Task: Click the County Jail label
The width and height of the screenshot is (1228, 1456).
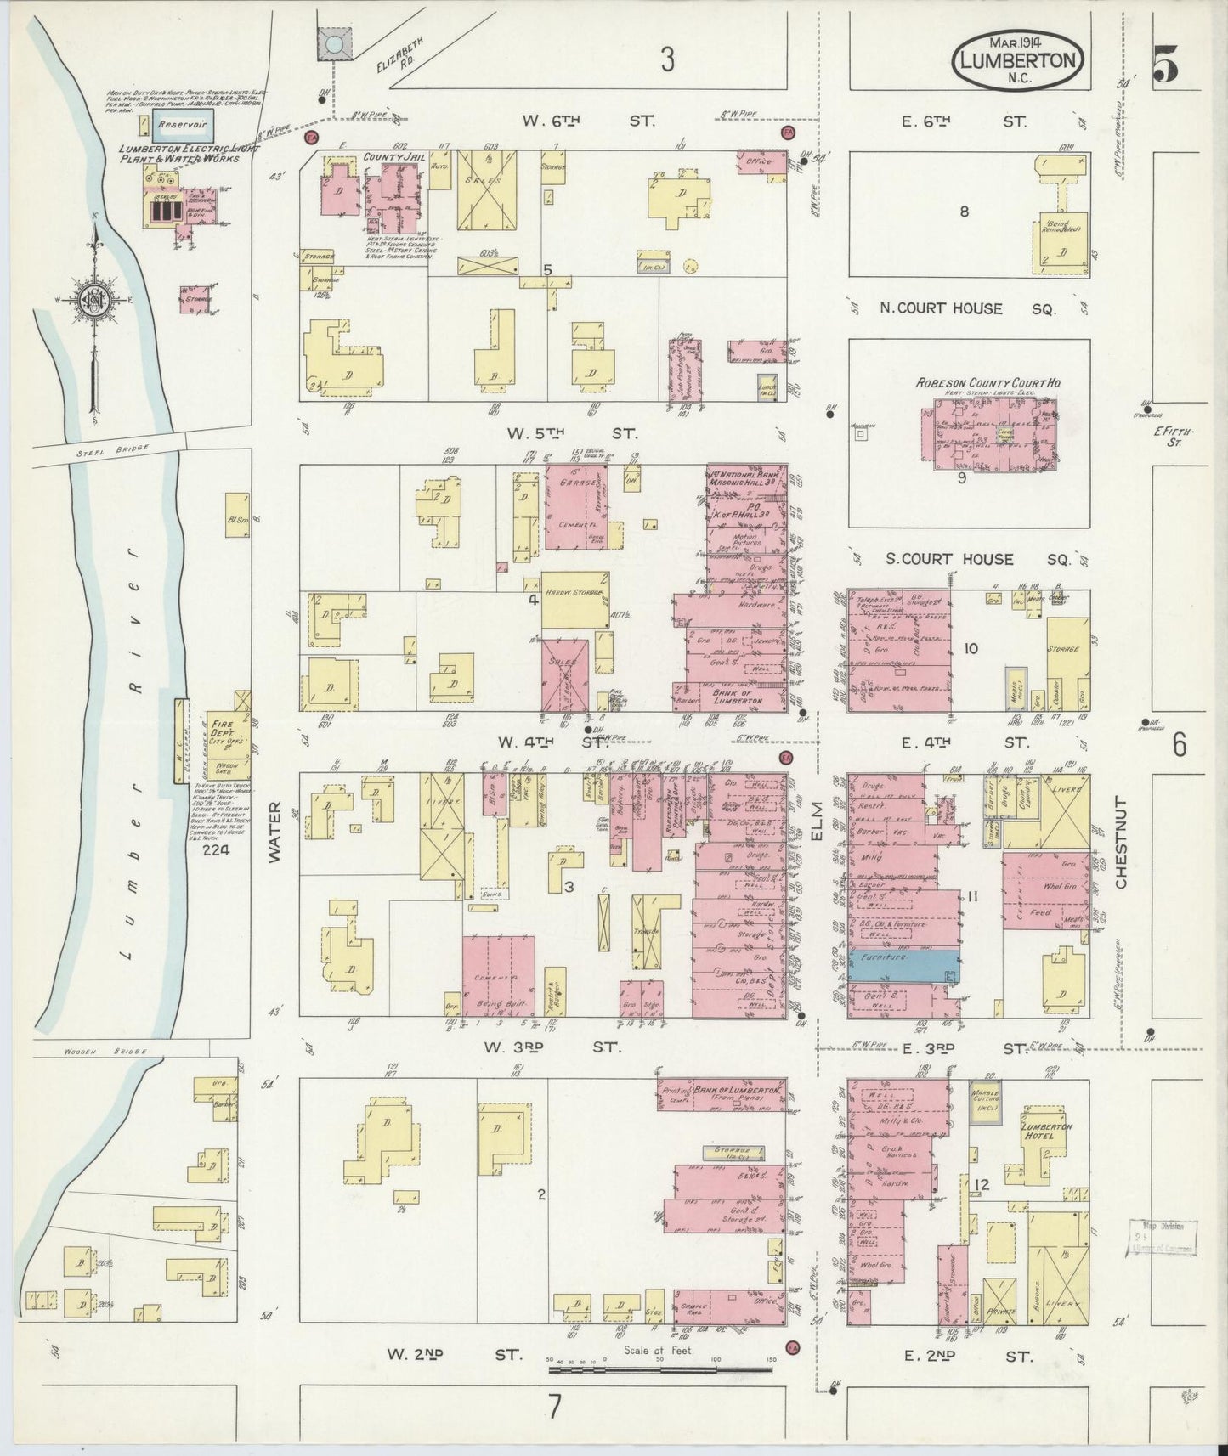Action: pyautogui.click(x=381, y=157)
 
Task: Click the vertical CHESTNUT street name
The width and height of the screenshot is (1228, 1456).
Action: pyautogui.click(x=1120, y=843)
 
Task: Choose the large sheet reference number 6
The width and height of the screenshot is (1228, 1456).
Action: pyautogui.click(x=1179, y=743)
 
